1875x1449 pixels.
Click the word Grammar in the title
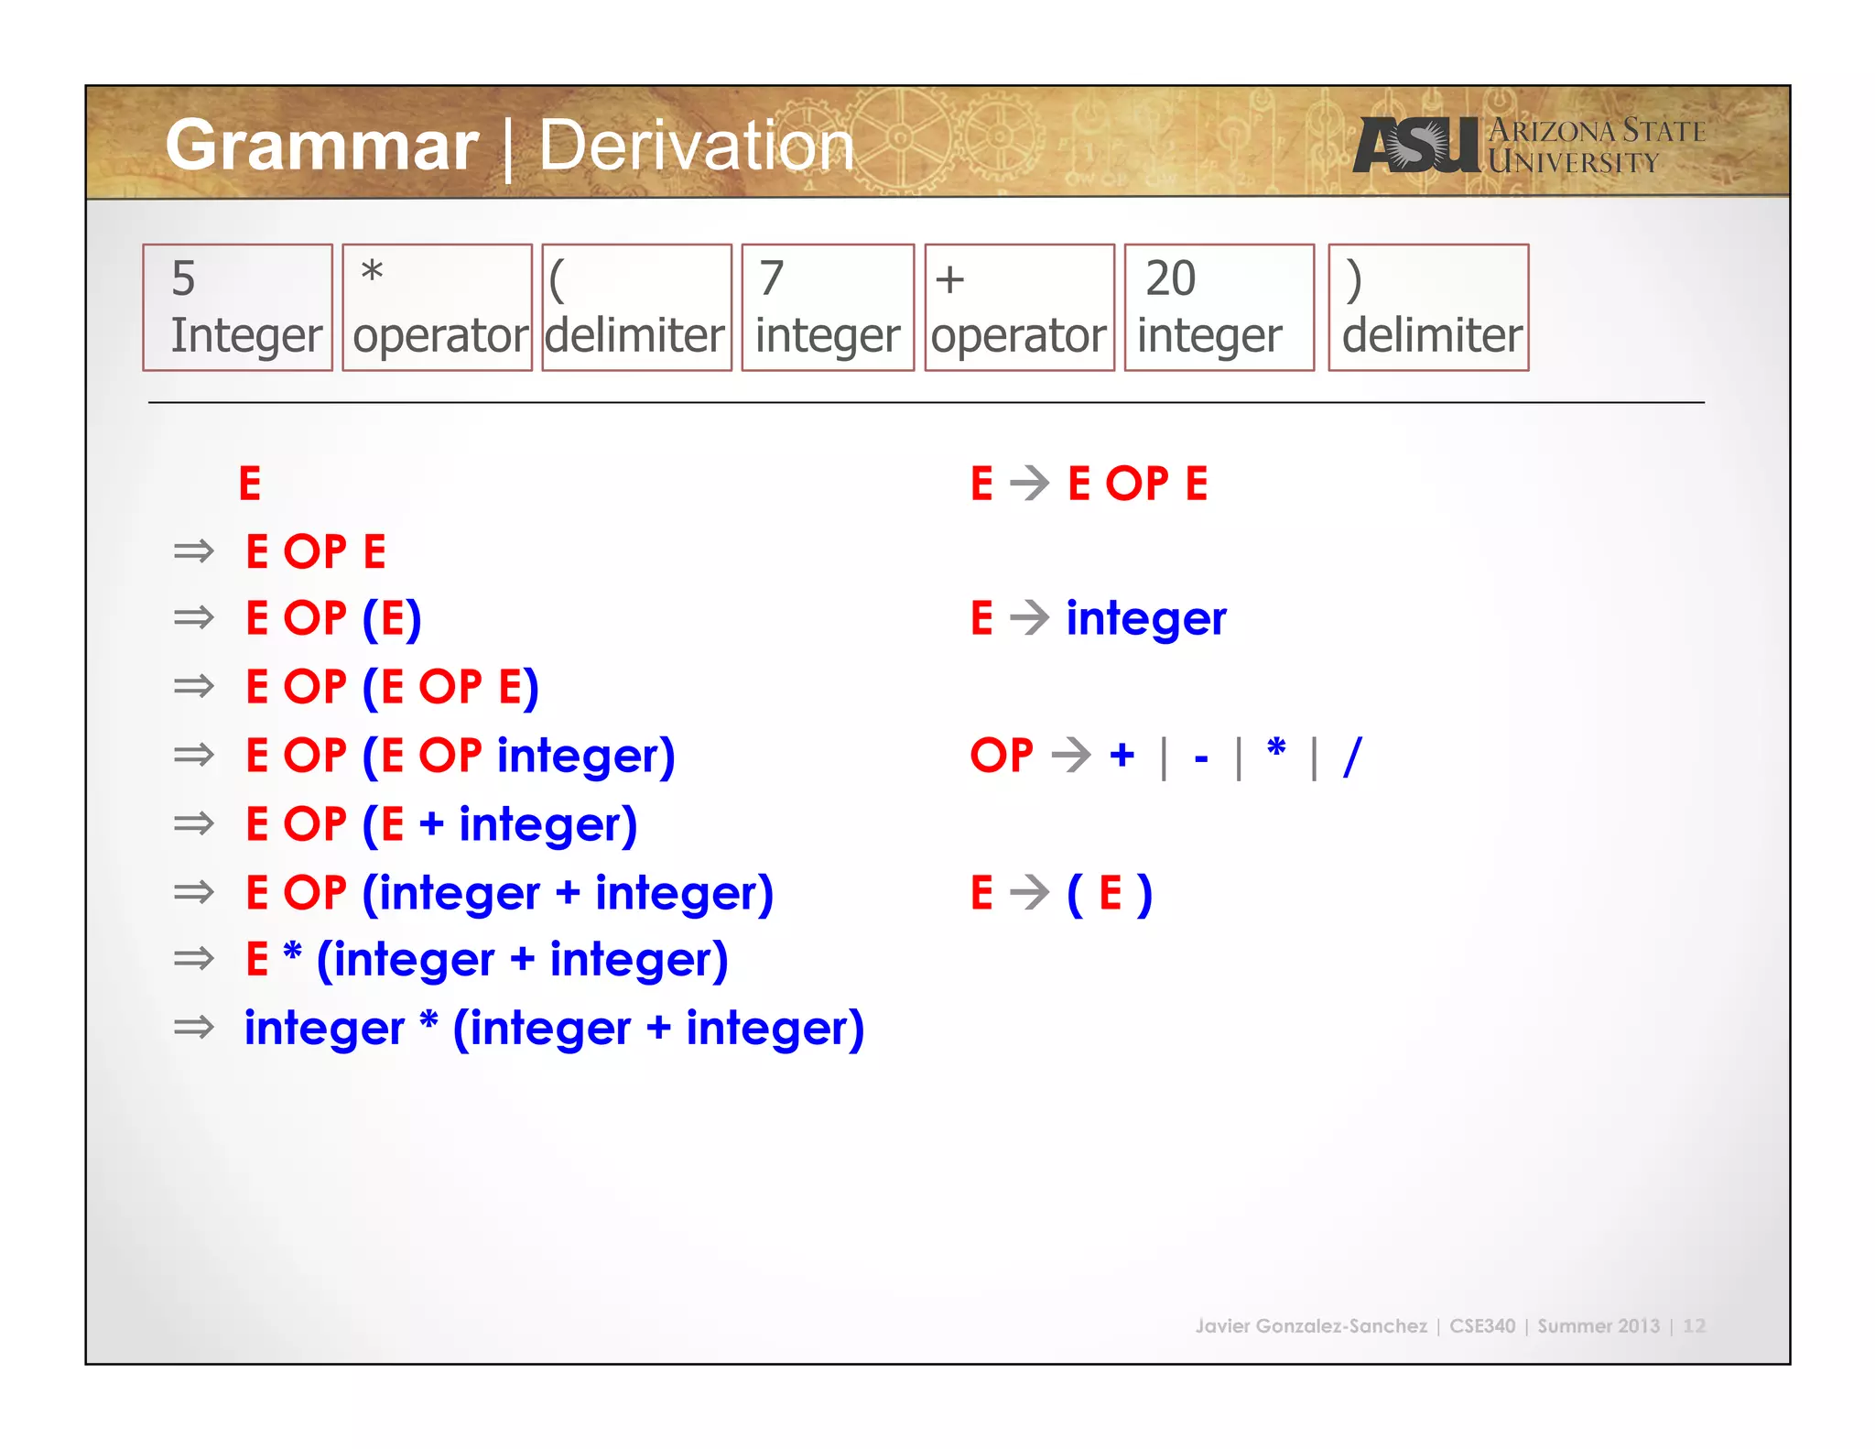point(322,147)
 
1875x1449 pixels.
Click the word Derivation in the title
point(696,147)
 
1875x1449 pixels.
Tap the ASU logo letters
point(1415,145)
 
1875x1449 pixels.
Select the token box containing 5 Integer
point(237,308)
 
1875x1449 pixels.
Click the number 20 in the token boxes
point(1170,278)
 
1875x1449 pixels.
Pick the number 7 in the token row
point(771,278)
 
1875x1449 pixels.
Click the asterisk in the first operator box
point(372,273)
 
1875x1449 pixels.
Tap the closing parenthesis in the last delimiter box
point(1354,280)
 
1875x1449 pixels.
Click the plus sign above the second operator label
point(949,279)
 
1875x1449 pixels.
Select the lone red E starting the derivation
point(250,484)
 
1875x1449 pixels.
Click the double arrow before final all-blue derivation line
point(193,1028)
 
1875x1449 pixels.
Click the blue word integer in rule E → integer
point(1145,618)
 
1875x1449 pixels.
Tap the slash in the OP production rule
point(1352,757)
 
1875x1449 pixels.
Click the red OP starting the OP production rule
point(1002,756)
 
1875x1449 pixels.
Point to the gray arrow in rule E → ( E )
point(1030,892)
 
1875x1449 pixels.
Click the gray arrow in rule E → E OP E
point(1030,484)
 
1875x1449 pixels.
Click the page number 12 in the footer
point(1694,1325)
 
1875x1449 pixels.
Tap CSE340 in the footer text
point(1481,1325)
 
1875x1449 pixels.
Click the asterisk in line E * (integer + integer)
point(292,953)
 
